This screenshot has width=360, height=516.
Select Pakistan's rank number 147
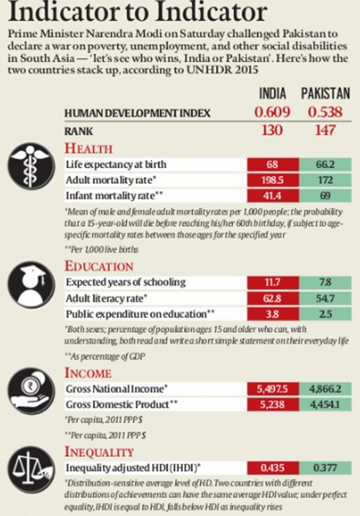[x=324, y=131]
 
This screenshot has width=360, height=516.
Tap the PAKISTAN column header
[x=324, y=94]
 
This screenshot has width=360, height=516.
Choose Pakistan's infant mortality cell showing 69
[x=324, y=196]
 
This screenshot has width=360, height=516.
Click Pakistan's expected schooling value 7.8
[x=324, y=284]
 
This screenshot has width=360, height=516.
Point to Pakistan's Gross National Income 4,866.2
[x=324, y=388]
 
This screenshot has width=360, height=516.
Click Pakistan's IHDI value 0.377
[x=324, y=466]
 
